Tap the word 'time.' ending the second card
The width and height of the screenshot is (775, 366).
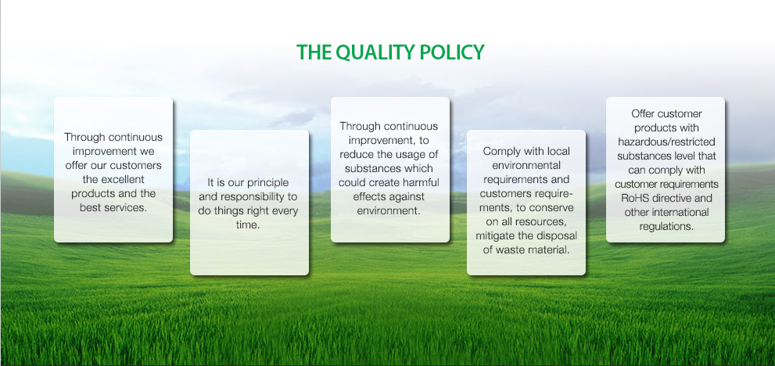249,225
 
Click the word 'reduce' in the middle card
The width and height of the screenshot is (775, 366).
357,154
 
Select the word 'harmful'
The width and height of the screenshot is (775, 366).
420,182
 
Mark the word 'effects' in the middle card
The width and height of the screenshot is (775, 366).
369,197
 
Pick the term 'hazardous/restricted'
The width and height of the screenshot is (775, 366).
666,142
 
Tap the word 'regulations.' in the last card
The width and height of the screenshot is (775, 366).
666,227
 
